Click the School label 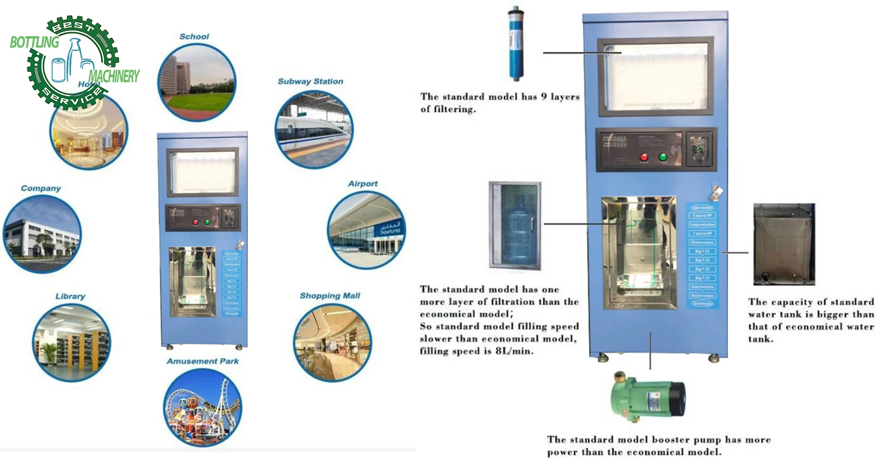pos(194,37)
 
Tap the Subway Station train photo pos(314,129)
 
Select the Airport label pos(362,184)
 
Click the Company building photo pos(42,233)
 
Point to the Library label pos(70,297)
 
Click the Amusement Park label pos(203,362)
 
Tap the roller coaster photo pos(202,407)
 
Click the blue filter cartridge pos(516,43)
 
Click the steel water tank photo pos(783,244)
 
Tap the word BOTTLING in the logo pos(34,42)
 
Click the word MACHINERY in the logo pos(114,76)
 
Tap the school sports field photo pos(197,82)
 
